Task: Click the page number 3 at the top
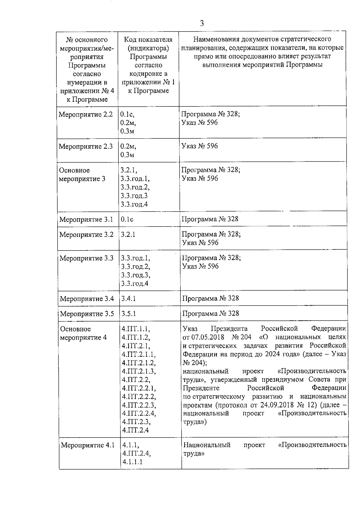[x=202, y=23]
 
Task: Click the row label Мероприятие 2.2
[x=86, y=114]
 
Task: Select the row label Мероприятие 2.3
[x=86, y=147]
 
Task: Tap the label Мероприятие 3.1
[x=86, y=220]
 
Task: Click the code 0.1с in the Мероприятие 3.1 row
[x=127, y=219]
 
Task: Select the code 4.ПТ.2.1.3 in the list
[x=139, y=371]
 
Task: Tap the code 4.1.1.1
[x=132, y=462]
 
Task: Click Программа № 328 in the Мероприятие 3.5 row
[x=211, y=313]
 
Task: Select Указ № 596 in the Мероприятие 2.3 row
[x=200, y=146]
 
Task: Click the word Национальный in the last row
[x=207, y=445]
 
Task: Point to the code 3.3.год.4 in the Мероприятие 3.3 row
[x=135, y=284]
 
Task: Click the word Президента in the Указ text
[x=229, y=329]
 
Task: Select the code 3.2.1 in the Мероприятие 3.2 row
[x=128, y=234]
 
